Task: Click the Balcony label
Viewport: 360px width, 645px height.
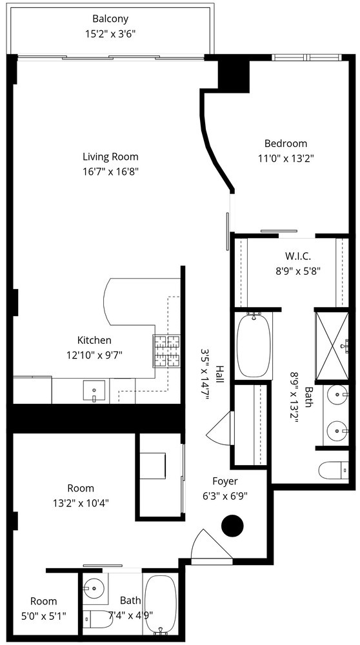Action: point(110,19)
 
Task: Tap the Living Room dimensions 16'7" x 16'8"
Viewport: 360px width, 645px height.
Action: point(110,171)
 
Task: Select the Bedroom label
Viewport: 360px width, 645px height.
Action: point(286,144)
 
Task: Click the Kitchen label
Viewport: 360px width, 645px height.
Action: point(94,341)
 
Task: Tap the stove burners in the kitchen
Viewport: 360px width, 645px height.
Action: point(166,352)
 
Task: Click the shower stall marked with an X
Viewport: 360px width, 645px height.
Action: point(332,346)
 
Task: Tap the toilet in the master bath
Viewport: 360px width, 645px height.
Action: point(334,470)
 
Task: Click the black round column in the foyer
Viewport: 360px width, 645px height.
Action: point(232,526)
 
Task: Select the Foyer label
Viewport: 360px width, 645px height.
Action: point(225,481)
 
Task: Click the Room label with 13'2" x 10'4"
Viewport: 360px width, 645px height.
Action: point(81,488)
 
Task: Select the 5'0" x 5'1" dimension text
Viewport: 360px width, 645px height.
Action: point(43,616)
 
